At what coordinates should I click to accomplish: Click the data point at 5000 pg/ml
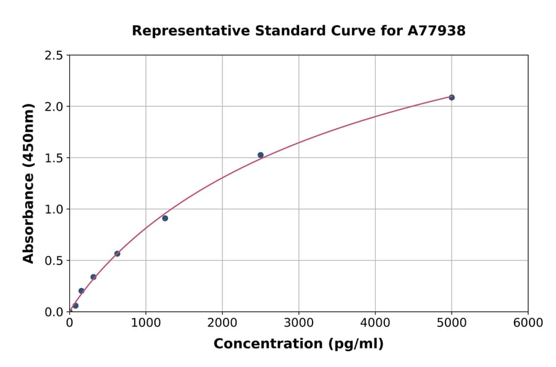[452, 98]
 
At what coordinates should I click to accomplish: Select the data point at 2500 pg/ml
[261, 155]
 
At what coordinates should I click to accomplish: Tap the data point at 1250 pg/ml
[165, 218]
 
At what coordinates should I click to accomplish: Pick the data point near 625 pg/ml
[117, 254]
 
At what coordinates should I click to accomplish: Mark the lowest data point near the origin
[75, 306]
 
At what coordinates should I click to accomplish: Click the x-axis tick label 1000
[146, 323]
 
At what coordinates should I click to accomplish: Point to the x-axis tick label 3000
[298, 323]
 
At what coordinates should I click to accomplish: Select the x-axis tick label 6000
[528, 323]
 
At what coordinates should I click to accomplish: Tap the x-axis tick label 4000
[375, 323]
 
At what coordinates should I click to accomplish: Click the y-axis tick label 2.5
[54, 56]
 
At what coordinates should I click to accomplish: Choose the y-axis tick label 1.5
[54, 158]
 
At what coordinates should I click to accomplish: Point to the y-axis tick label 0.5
[54, 261]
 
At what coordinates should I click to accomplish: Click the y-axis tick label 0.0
[54, 312]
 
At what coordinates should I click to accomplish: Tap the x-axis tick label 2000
[222, 323]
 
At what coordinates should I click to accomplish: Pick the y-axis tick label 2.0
[54, 107]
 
